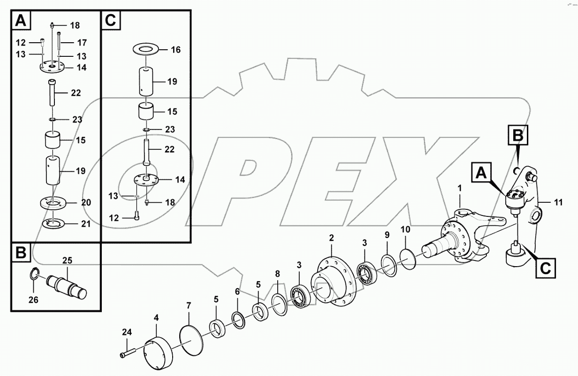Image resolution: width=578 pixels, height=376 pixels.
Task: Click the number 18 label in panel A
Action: pyautogui.click(x=75, y=25)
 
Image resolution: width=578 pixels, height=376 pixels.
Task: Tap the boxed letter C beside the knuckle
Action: pyautogui.click(x=544, y=268)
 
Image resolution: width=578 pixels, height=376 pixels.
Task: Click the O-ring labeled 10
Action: pyautogui.click(x=408, y=256)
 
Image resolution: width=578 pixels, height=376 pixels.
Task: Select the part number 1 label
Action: pyautogui.click(x=460, y=188)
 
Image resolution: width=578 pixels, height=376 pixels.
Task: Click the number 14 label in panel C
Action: pyautogui.click(x=180, y=179)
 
